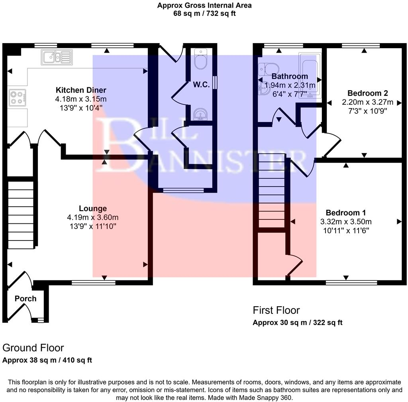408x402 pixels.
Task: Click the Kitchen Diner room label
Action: [81, 90]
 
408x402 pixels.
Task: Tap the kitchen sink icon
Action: [57, 57]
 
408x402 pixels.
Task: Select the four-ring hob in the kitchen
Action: [17, 97]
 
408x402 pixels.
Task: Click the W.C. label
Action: [201, 85]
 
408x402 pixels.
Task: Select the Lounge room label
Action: [93, 208]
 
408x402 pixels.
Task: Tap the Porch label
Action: [25, 299]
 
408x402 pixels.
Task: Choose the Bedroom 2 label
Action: [365, 93]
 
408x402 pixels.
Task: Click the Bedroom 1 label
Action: [345, 213]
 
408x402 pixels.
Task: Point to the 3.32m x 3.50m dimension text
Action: [346, 222]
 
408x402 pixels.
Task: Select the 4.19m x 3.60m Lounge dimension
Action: [93, 217]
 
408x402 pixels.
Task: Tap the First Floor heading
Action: [276, 310]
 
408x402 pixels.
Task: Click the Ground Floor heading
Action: [33, 348]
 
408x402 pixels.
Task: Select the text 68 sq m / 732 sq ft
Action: [204, 14]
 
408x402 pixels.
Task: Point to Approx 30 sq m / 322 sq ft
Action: [297, 322]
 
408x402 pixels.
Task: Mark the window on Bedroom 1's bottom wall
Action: [351, 282]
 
